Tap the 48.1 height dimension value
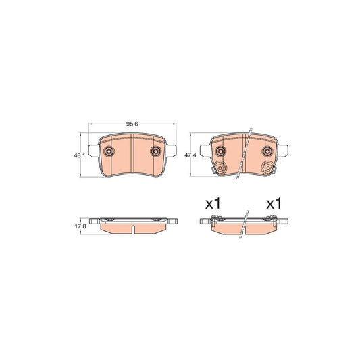coord(79,156)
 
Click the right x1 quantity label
coord(273,203)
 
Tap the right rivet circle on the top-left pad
coord(156,152)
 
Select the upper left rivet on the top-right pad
coord(219,151)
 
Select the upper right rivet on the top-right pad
coord(267,151)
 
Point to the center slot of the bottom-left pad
coord(133,228)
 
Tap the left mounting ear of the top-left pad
coord(93,152)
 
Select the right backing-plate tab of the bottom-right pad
coord(284,222)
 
